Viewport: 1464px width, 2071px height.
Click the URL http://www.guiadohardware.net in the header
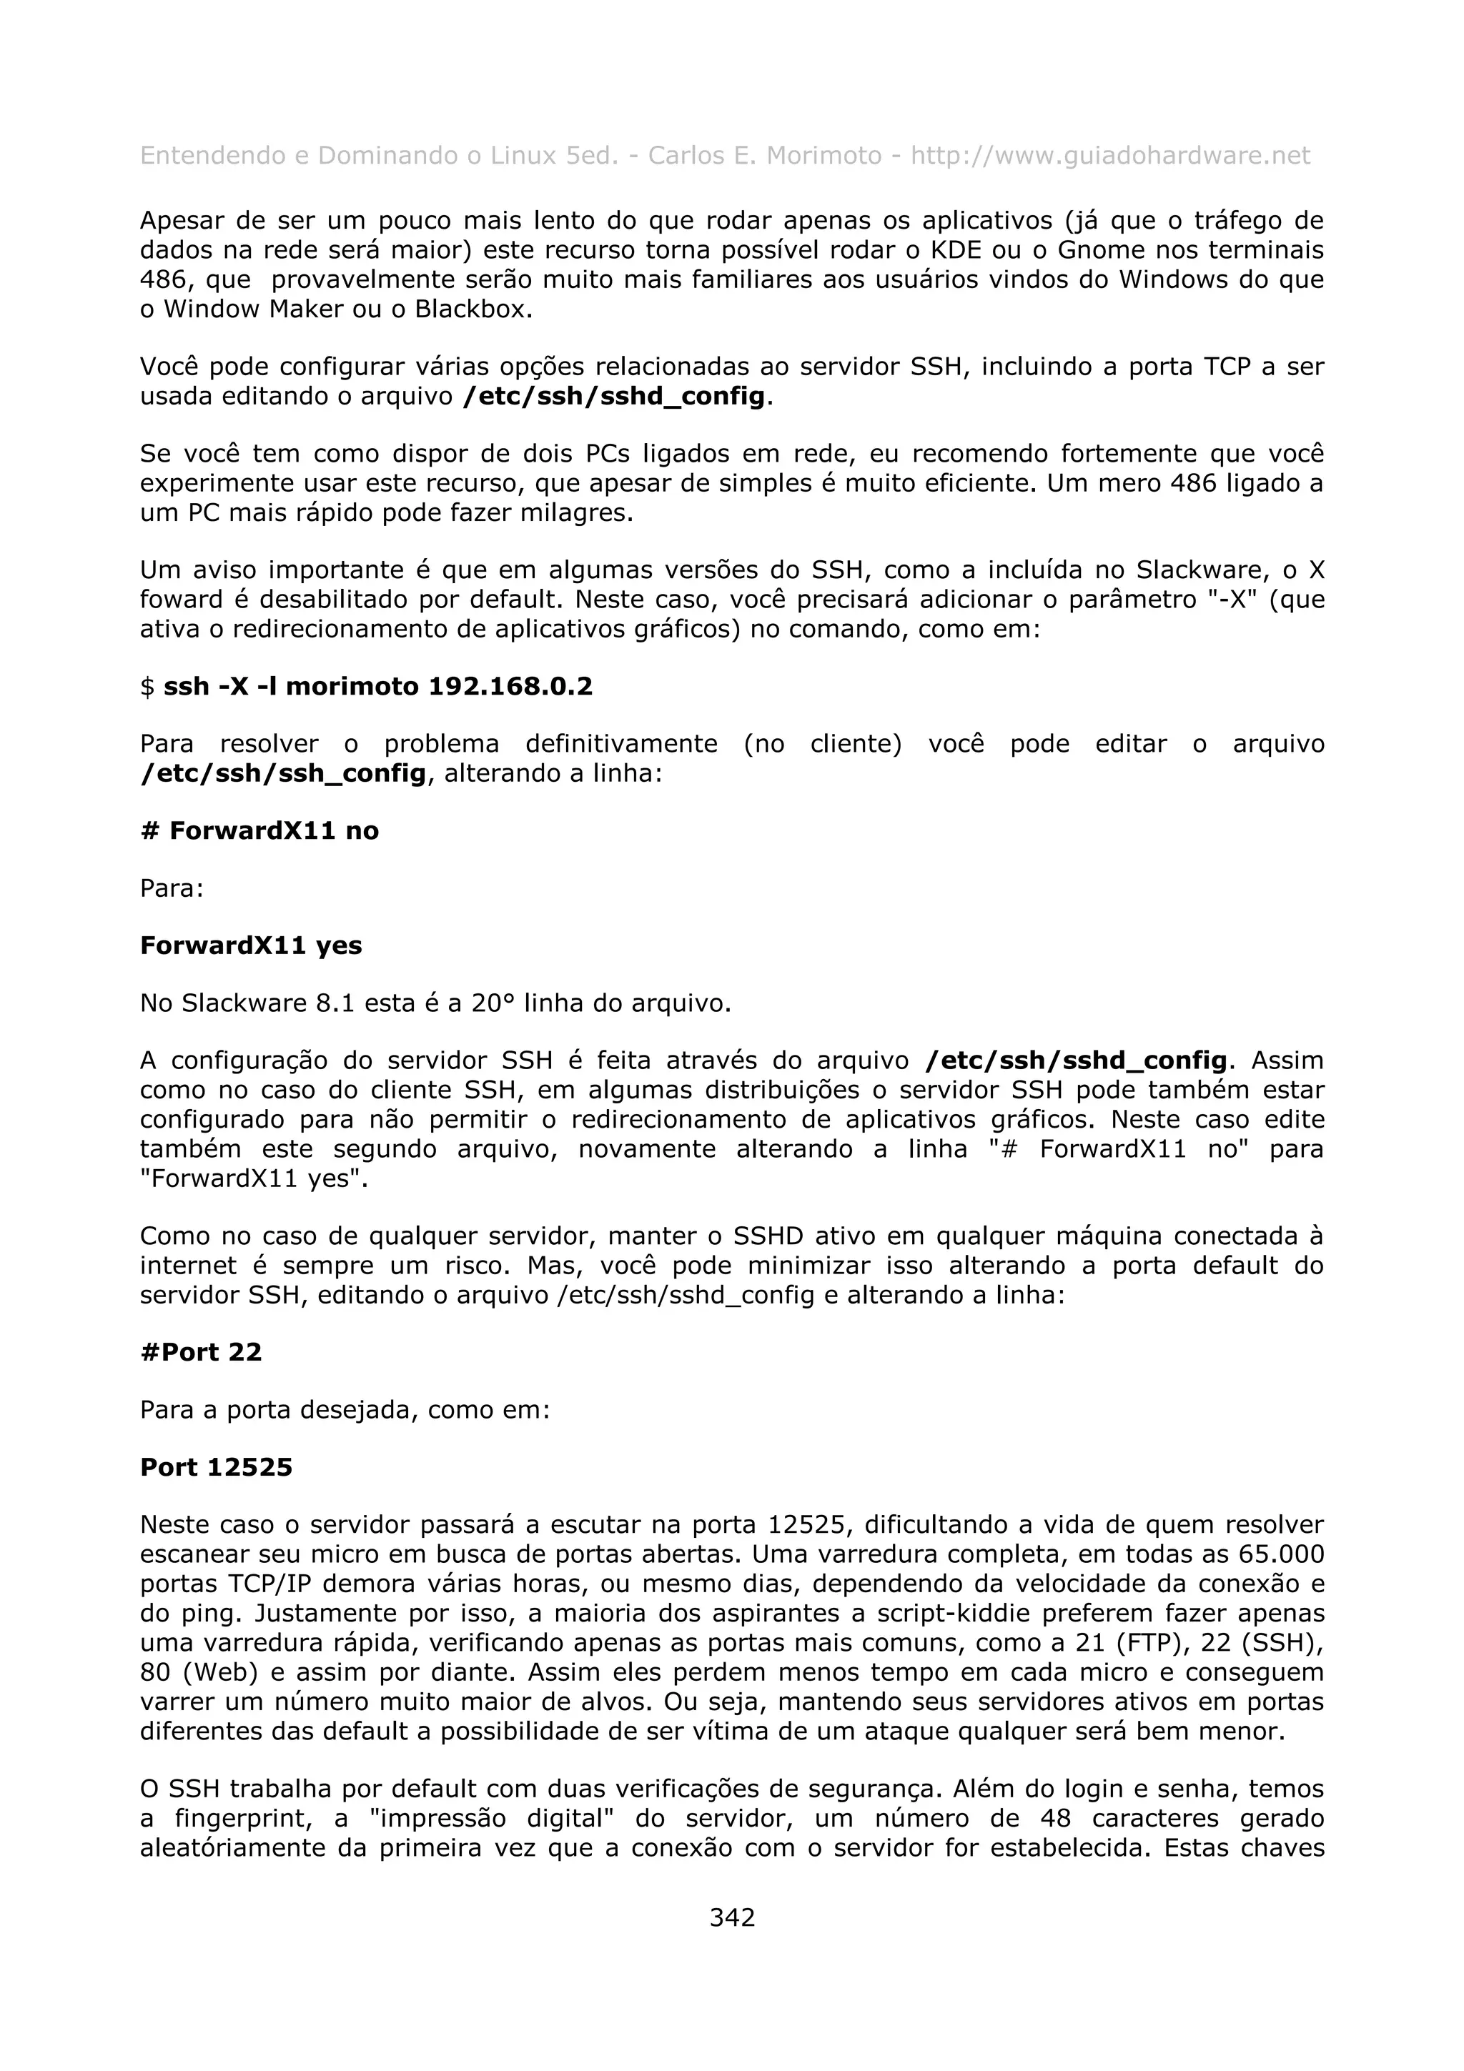pyautogui.click(x=1109, y=156)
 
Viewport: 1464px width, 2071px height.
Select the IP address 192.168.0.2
pyautogui.click(x=510, y=687)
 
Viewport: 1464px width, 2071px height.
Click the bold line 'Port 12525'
pyautogui.click(x=217, y=1468)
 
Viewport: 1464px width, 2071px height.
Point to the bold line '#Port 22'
pyautogui.click(x=201, y=1352)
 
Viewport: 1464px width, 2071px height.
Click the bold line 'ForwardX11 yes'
pyautogui.click(x=251, y=945)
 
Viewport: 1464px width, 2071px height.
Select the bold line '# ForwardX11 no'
pyautogui.click(x=259, y=830)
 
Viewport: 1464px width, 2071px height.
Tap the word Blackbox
pyautogui.click(x=472, y=309)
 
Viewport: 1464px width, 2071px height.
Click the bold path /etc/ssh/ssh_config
pyautogui.click(x=283, y=773)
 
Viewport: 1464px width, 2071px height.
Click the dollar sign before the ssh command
pyautogui.click(x=147, y=687)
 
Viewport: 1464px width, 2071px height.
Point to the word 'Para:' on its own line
pyautogui.click(x=172, y=888)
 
